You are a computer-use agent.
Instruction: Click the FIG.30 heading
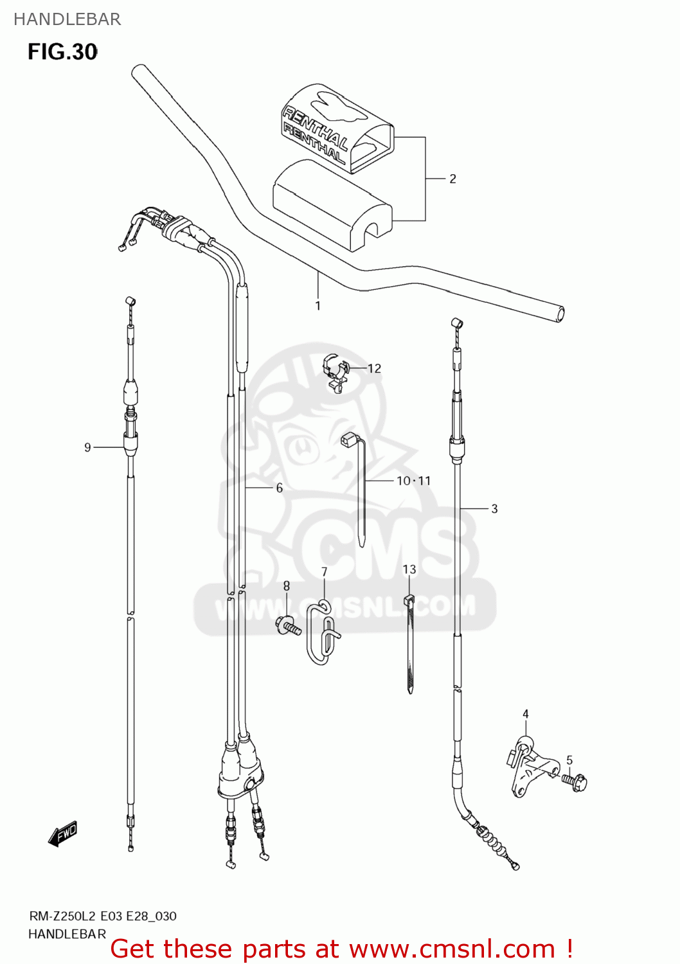62,52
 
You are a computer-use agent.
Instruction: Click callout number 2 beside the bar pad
452,179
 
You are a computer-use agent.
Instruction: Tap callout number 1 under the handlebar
318,306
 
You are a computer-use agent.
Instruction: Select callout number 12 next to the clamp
374,368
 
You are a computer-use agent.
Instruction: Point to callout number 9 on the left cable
87,447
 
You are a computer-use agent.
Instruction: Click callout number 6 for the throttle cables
279,488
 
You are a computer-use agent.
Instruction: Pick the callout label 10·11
413,481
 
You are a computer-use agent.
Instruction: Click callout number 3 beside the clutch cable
494,509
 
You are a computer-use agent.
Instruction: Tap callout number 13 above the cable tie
409,569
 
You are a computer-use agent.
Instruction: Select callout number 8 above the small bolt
287,585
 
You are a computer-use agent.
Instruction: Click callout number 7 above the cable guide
324,571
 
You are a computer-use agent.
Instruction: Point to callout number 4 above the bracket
525,714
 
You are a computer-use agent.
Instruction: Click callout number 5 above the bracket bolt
569,760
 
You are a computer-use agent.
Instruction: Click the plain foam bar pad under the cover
331,206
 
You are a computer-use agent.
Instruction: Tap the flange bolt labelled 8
289,625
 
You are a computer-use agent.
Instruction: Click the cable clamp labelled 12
335,373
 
